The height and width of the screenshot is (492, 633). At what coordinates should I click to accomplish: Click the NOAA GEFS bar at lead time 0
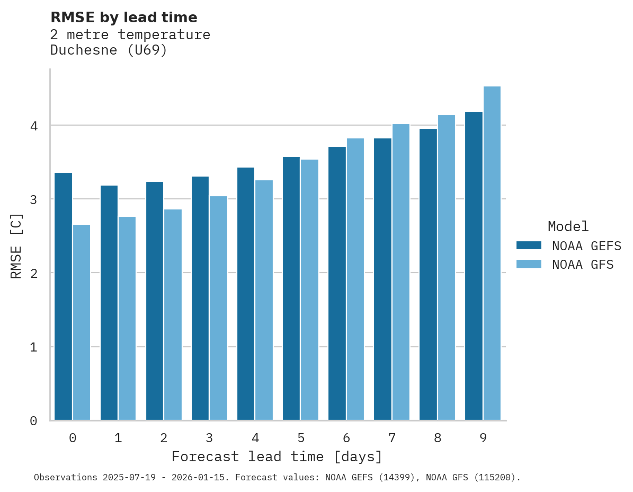(63, 297)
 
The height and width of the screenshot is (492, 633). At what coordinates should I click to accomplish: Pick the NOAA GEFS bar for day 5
(291, 289)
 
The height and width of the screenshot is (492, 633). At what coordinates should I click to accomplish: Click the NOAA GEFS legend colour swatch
(529, 245)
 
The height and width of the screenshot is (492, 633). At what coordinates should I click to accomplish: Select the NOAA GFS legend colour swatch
(529, 264)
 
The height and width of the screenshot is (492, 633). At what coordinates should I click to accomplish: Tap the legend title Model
(568, 226)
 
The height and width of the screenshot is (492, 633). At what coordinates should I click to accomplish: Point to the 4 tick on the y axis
(34, 126)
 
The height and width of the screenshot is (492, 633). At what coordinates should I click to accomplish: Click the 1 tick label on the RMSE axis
(34, 347)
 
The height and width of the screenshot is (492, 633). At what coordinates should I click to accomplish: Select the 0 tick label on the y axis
(34, 421)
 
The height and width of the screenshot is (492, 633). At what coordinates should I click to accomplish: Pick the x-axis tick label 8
(438, 438)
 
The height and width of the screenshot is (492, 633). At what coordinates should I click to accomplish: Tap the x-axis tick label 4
(255, 438)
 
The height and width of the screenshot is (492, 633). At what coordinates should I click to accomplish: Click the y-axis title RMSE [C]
(16, 245)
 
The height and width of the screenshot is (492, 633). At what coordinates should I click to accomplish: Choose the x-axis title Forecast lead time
(277, 456)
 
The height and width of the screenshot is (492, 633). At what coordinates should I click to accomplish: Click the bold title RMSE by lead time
(123, 17)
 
